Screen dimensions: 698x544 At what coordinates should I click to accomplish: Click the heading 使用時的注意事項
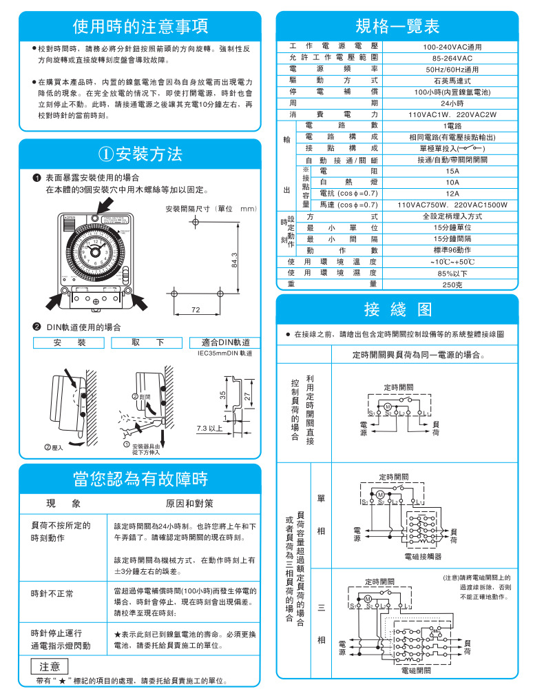pyautogui.click(x=140, y=27)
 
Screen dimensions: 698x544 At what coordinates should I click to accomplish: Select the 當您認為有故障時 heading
pyautogui.click(x=140, y=478)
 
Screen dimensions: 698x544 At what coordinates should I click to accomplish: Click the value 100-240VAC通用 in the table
pyautogui.click(x=452, y=46)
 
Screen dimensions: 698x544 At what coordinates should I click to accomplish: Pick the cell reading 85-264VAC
pyautogui.click(x=452, y=58)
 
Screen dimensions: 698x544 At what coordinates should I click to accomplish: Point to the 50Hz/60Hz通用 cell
pyautogui.click(x=452, y=69)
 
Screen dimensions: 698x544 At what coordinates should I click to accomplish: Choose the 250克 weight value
pyautogui.click(x=452, y=284)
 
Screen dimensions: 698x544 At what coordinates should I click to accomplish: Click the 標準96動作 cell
pyautogui.click(x=452, y=250)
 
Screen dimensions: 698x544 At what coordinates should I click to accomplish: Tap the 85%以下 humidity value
pyautogui.click(x=452, y=273)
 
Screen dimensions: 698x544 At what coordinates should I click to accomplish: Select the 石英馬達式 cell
pyautogui.click(x=452, y=81)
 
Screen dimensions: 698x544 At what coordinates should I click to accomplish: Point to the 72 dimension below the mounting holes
pyautogui.click(x=196, y=311)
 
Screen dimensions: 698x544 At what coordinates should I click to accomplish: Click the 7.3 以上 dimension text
pyautogui.click(x=209, y=429)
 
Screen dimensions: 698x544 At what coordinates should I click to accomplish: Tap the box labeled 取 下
pyautogui.click(x=148, y=342)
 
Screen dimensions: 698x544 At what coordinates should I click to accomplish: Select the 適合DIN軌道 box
pyautogui.click(x=226, y=342)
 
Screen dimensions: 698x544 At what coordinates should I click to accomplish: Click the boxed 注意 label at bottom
pyautogui.click(x=49, y=666)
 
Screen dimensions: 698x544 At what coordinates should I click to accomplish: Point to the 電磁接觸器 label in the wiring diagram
pyautogui.click(x=420, y=555)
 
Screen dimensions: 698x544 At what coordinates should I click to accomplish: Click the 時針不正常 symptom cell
pyautogui.click(x=52, y=593)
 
